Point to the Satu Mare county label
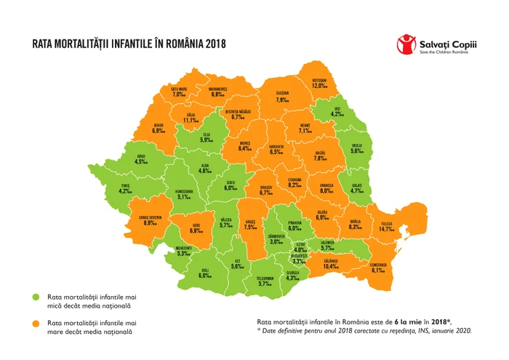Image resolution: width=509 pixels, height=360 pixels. tap(179, 89)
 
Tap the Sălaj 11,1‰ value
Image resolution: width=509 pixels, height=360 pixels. tap(190, 120)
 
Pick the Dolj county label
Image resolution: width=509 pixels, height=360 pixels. tap(204, 269)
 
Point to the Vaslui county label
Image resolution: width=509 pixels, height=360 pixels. tap(356, 145)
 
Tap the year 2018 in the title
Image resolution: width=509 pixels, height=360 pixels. tap(212, 44)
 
